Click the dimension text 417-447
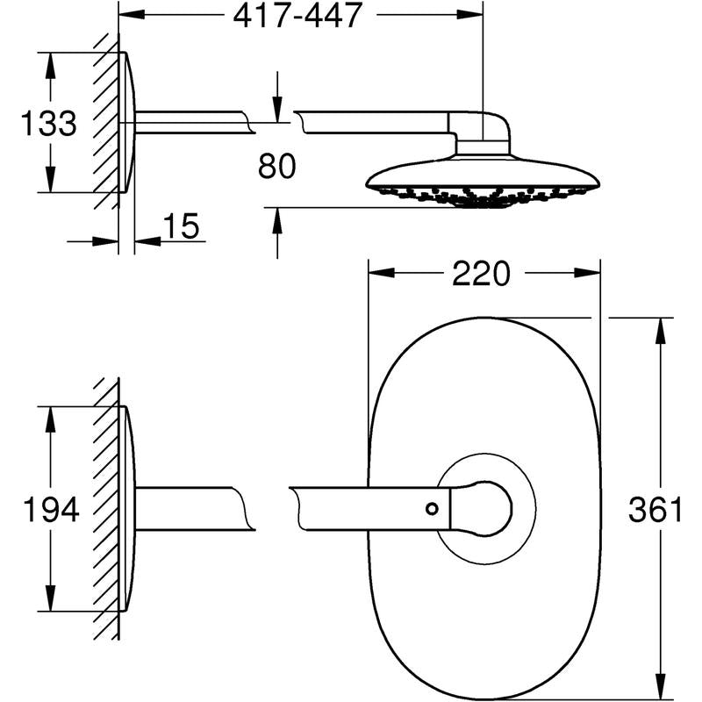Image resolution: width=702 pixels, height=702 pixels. (298, 17)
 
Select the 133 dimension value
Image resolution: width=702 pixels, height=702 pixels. (47, 123)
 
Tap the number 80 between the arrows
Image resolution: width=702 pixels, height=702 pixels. (277, 166)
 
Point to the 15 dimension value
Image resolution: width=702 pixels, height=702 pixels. (181, 227)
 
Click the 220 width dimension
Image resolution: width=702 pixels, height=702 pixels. (481, 274)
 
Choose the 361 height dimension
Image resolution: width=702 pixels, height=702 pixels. (655, 510)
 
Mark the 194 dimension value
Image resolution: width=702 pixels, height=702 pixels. (50, 509)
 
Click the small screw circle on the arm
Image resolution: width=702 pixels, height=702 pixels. (431, 508)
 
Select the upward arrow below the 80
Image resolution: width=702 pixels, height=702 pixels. (277, 219)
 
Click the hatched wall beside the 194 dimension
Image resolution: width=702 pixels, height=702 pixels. (106, 509)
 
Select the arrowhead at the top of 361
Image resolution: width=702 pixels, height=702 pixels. (655, 327)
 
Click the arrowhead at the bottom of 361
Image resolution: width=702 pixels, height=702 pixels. (655, 691)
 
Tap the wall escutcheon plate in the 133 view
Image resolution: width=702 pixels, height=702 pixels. (128, 123)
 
